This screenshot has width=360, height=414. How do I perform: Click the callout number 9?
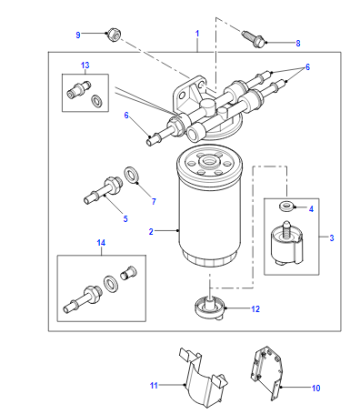(x=78, y=35)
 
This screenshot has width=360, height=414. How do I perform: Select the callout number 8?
(x=298, y=43)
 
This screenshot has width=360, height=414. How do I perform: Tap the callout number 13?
(x=85, y=65)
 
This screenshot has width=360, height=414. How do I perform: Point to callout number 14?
(x=101, y=243)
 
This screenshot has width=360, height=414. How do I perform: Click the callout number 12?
(x=255, y=309)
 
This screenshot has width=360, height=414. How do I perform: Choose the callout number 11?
(x=154, y=386)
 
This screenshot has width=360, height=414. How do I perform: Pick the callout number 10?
(x=316, y=388)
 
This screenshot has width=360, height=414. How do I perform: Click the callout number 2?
(x=151, y=231)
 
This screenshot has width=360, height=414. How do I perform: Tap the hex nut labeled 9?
(x=113, y=34)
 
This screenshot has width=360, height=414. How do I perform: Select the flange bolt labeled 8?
(x=254, y=39)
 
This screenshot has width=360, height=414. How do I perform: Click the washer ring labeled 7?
(x=132, y=174)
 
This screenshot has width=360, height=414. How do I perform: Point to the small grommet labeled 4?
(x=287, y=207)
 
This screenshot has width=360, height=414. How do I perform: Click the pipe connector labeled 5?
(x=103, y=191)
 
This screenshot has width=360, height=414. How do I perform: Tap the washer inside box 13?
(x=97, y=101)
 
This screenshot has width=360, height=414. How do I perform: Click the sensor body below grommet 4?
(x=287, y=244)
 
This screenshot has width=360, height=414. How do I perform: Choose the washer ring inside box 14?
(x=109, y=283)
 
